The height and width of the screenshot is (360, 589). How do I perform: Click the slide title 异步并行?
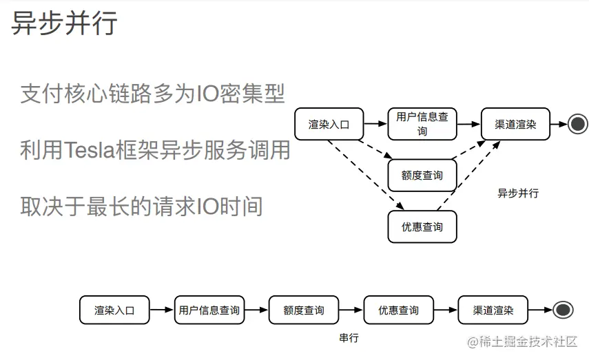point(65,23)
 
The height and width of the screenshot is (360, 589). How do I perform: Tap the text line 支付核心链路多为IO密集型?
point(152,94)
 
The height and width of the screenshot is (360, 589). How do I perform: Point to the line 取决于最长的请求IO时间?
point(141,206)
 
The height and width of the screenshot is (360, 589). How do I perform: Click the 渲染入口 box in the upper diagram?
point(329,125)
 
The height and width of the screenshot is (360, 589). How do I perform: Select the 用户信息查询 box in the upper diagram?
point(422,124)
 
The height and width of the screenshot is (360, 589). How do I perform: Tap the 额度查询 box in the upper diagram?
point(422,176)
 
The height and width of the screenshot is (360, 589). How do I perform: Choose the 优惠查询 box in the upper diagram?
point(422,226)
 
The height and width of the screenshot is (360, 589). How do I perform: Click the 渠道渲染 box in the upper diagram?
point(515,125)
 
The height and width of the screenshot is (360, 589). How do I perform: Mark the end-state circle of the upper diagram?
point(577,125)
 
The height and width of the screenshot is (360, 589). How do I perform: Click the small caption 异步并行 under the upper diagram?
point(518,193)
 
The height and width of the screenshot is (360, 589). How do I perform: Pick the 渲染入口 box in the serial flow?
point(114,310)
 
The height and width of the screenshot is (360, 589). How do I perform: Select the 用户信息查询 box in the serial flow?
point(209,310)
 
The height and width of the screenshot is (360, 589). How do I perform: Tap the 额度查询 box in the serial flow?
point(303,310)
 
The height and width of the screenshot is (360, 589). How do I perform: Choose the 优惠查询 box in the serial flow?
point(397,310)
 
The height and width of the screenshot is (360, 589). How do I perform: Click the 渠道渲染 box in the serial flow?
point(493,310)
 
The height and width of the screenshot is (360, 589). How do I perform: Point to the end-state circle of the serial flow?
point(563,310)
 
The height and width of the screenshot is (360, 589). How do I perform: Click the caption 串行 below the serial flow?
point(349,339)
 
